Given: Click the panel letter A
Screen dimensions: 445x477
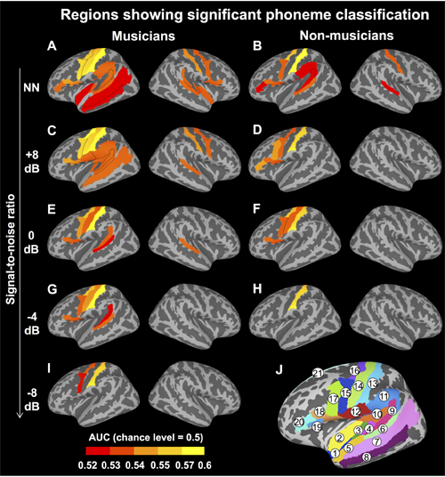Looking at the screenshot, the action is click(52, 46).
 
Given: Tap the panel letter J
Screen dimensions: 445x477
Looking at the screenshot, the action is click(279, 370).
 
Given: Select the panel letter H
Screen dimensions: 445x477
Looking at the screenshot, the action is click(257, 289).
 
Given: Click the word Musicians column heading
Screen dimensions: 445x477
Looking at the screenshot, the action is click(143, 36).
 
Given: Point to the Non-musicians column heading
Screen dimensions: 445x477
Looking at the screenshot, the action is click(346, 36).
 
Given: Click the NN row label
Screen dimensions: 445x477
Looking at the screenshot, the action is click(32, 87).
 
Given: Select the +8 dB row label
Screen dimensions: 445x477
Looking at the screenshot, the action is click(32, 162).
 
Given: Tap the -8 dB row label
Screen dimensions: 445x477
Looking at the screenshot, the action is click(32, 400).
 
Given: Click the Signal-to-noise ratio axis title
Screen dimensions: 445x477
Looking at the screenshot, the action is click(11, 249).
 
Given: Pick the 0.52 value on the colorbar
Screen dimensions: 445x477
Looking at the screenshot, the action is click(87, 465).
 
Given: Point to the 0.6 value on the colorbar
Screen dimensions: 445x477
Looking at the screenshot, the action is click(205, 465).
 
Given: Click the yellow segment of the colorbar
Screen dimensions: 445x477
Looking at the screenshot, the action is click(193, 450).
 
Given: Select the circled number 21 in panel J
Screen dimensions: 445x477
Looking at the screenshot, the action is click(318, 373).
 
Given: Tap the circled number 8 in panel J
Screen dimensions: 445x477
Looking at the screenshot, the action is click(367, 457).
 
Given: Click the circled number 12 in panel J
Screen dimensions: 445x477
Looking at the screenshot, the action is click(355, 412).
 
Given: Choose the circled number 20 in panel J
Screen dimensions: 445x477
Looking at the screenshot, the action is click(299, 422).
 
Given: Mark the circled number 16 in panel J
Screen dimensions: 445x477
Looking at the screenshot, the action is click(354, 370).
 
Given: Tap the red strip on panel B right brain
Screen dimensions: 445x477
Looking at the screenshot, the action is click(390, 88).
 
